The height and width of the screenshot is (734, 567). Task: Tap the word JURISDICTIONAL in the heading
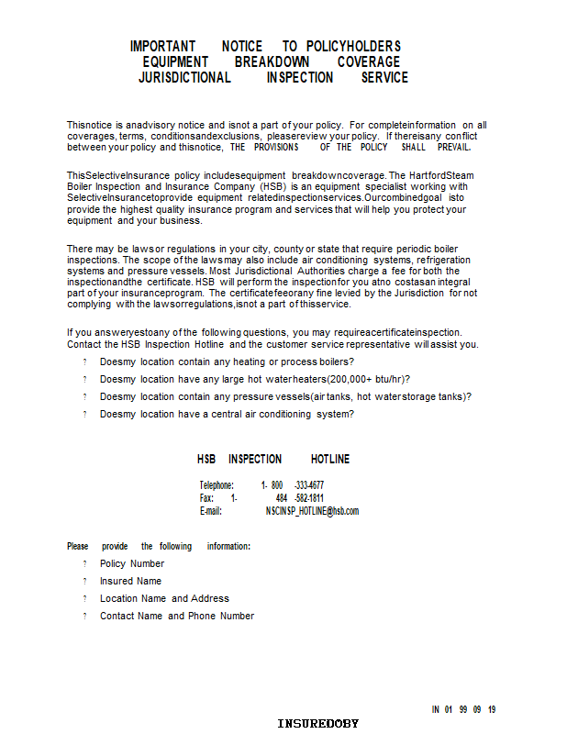(184, 78)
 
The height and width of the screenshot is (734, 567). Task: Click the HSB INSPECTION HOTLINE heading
(273, 459)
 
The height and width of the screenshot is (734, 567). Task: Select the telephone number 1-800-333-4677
(292, 485)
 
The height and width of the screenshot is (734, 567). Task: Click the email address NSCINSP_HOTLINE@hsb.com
(312, 511)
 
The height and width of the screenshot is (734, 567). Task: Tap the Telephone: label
(217, 485)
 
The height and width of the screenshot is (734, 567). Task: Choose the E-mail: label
(211, 511)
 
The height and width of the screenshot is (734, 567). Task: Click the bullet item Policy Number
(132, 563)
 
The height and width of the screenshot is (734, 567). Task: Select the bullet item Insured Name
(130, 581)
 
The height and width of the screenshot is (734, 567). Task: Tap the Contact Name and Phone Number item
(177, 616)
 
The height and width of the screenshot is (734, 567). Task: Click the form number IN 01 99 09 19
(464, 709)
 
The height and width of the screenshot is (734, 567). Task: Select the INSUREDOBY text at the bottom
(318, 724)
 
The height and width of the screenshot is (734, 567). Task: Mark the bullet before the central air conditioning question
(84, 414)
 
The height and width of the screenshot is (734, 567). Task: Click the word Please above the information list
(78, 546)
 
